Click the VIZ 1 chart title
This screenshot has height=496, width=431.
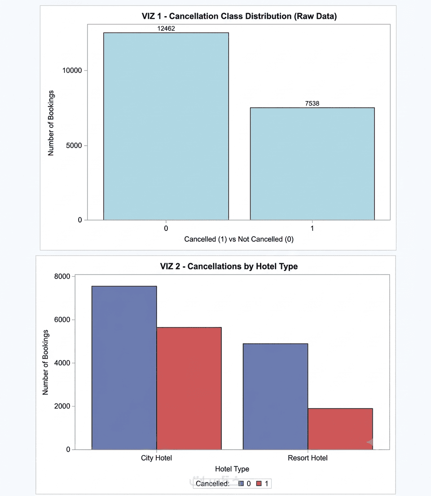click(239, 16)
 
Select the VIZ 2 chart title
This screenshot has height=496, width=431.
click(229, 266)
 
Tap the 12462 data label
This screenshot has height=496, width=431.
click(166, 28)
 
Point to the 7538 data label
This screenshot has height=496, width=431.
click(312, 103)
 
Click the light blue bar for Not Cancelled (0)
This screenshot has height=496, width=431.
click(166, 126)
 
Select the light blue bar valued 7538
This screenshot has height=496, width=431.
click(312, 164)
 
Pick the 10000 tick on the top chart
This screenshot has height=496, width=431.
click(72, 71)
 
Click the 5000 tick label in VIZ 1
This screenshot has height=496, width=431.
click(74, 146)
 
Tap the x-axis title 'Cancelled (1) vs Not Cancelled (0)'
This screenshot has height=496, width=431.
click(239, 239)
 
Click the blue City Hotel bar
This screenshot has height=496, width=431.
click(124, 368)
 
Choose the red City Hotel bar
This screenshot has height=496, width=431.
click(189, 389)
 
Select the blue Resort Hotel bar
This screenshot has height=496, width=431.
click(275, 396)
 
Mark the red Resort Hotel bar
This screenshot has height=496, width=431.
click(340, 429)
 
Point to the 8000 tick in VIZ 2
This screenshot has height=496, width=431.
click(62, 276)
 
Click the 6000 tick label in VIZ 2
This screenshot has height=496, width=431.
click(62, 320)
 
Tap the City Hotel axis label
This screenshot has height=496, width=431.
click(157, 458)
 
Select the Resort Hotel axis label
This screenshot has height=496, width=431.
click(308, 458)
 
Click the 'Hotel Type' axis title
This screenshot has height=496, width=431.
click(232, 469)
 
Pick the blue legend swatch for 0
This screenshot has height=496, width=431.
click(241, 484)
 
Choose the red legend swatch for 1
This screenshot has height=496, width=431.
click(259, 484)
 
